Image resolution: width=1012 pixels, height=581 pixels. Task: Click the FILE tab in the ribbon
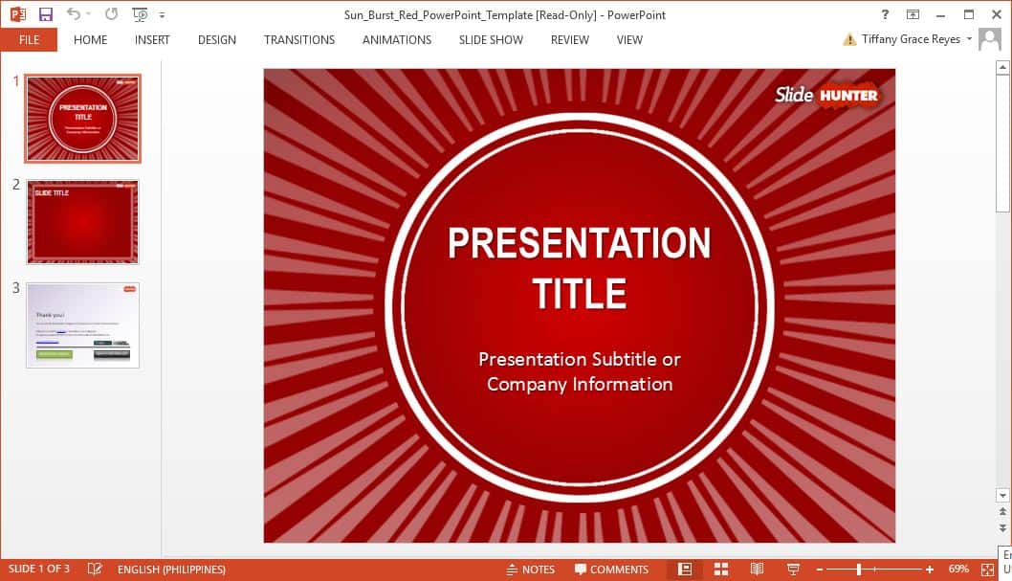coord(29,40)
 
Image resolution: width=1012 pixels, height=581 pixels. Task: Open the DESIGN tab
coord(217,40)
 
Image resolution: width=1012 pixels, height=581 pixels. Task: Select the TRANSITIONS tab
coord(299,40)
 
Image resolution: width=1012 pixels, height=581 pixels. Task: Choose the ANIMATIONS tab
coord(397,40)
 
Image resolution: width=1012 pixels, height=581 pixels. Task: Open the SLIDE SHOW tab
coord(491,40)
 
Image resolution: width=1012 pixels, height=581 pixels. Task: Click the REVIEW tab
coord(570,40)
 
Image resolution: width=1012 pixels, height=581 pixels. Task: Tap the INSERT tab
coord(152,40)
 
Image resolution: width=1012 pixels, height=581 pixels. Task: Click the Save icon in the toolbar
coord(45,14)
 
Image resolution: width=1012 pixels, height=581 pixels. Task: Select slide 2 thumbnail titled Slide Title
coord(82,221)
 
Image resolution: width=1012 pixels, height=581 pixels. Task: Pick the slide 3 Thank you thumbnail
coord(82,324)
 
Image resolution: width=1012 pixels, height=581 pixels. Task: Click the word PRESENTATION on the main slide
coord(580,243)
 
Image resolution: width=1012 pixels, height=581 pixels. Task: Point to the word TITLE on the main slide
coord(580,293)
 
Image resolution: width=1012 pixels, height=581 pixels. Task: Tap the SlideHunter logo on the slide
coord(825,94)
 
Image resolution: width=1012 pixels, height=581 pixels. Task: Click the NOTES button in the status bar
coord(530,570)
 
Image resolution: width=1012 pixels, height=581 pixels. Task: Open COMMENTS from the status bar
coord(611,570)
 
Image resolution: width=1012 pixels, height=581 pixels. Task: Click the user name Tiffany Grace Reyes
coord(912,39)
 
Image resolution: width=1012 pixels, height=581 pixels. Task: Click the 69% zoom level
coord(958,570)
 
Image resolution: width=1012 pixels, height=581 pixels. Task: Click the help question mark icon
coord(885,14)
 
